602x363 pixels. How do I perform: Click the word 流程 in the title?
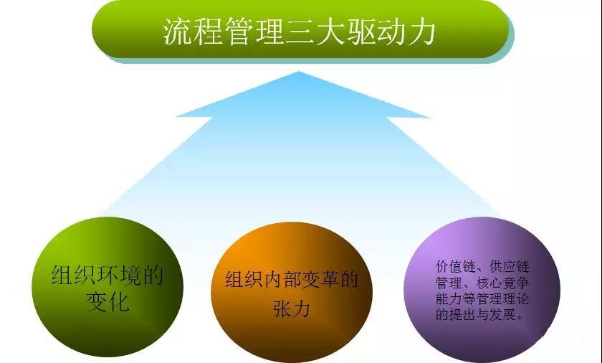[188, 32]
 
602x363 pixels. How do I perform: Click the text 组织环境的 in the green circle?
[107, 275]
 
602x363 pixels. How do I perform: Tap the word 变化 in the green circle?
[107, 302]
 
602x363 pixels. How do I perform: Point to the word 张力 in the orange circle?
[290, 309]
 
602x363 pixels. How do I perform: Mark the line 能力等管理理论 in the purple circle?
[482, 298]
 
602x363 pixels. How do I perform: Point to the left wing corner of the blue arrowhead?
[176, 117]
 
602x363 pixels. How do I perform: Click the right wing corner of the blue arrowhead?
[429, 118]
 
